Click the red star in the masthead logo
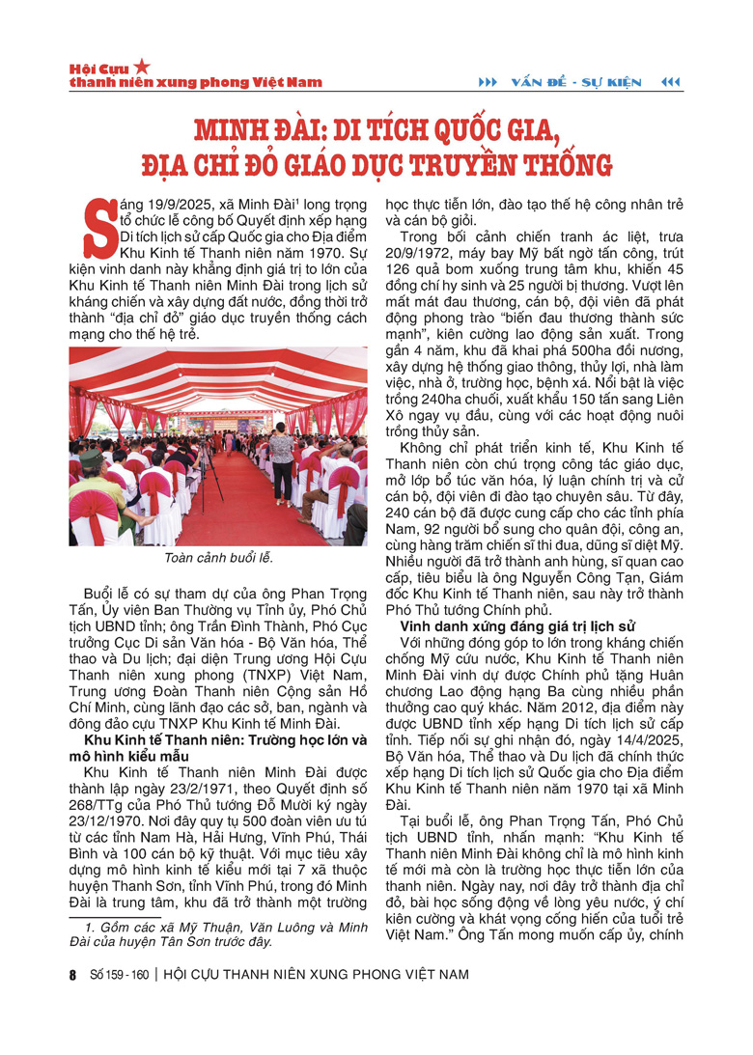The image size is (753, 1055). click(x=143, y=66)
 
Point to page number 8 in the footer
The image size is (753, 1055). click(x=72, y=975)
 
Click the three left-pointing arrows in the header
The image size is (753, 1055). click(x=669, y=82)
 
